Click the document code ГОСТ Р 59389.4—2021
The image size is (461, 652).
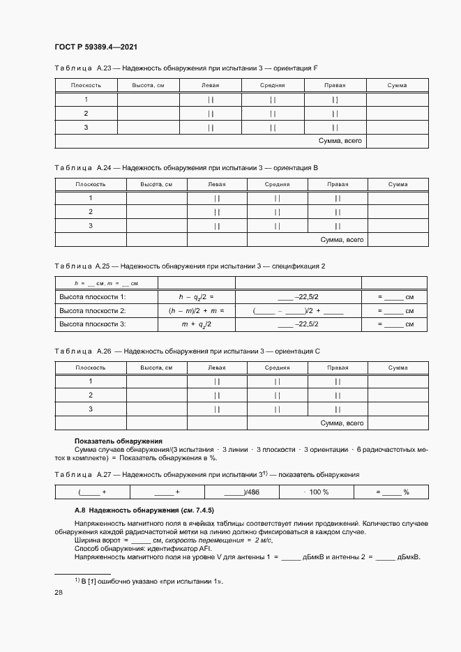click(x=95, y=46)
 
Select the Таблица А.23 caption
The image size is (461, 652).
click(x=186, y=68)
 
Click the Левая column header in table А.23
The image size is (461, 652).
click(x=210, y=85)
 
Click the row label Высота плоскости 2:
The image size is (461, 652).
click(x=93, y=310)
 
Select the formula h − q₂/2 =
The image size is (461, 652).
click(x=196, y=296)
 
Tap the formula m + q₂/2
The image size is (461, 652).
click(x=196, y=324)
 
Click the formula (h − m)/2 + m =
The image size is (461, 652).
click(x=196, y=310)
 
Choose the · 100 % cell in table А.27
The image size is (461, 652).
click(x=317, y=492)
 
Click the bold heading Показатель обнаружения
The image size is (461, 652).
click(x=118, y=441)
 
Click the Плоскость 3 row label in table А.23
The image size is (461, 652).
click(x=86, y=127)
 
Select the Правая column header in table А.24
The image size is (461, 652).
click(x=338, y=184)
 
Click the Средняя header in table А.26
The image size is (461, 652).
click(x=277, y=367)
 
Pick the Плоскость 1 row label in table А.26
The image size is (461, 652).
click(x=90, y=381)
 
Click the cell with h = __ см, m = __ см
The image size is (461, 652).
click(x=107, y=283)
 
